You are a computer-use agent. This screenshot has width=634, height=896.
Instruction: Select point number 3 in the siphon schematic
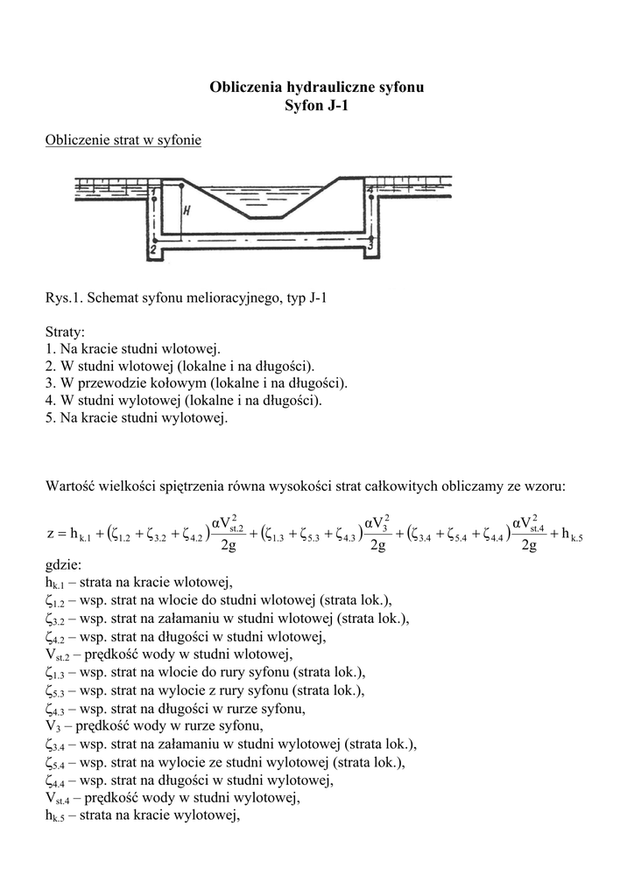(x=370, y=246)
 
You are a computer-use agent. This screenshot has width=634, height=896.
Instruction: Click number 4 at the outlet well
(x=370, y=190)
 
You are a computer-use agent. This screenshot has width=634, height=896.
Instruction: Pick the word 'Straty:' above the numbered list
(x=65, y=333)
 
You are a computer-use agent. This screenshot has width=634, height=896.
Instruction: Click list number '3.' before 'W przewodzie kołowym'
(x=50, y=383)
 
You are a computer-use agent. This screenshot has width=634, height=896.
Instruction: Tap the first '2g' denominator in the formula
(x=228, y=547)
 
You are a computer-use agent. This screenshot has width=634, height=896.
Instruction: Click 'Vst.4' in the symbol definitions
(x=60, y=797)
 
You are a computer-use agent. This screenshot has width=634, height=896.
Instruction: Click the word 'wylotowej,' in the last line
(x=209, y=815)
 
